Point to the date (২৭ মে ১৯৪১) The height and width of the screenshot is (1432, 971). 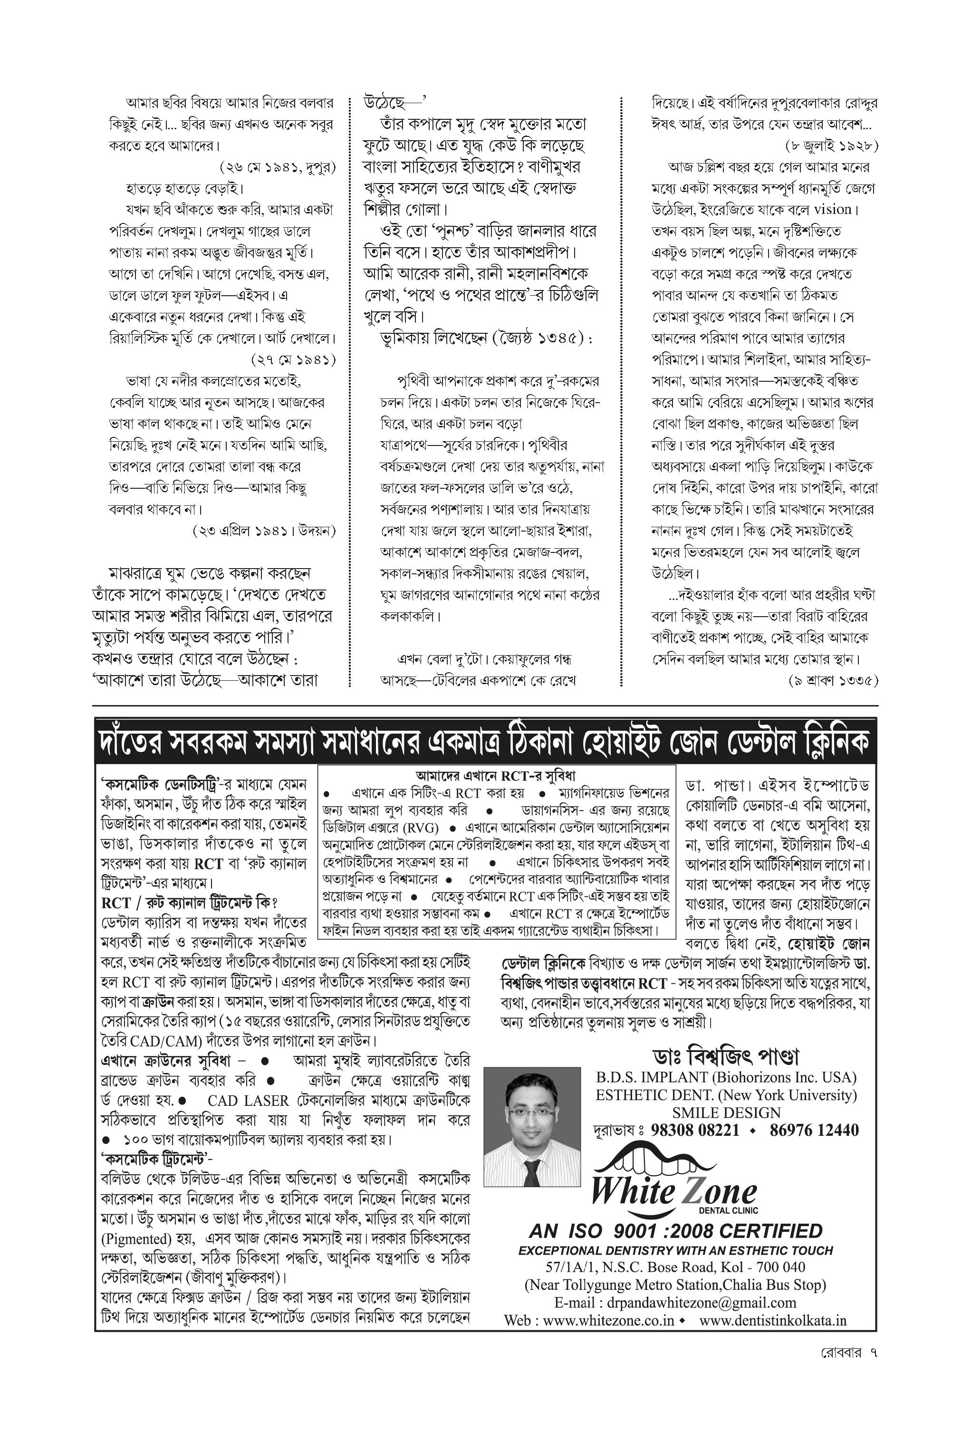click(293, 359)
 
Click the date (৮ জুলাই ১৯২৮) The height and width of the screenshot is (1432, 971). click(832, 146)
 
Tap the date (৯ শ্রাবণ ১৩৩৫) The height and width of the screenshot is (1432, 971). click(833, 680)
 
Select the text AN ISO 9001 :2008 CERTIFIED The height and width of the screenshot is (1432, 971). click(675, 1231)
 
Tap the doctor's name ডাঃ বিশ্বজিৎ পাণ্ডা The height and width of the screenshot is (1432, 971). click(726, 1057)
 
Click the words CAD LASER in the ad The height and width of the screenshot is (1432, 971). click(248, 1101)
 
